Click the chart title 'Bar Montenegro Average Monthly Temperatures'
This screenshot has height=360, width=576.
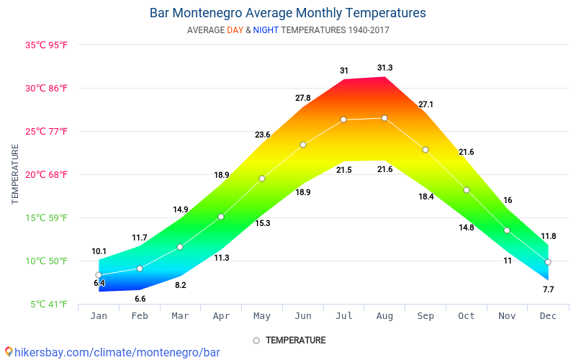(287, 13)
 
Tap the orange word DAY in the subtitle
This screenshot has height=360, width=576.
(235, 30)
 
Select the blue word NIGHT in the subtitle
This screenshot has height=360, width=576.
(265, 30)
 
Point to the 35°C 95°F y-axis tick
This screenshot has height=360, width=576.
(47, 45)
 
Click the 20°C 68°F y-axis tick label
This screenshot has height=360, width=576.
(47, 174)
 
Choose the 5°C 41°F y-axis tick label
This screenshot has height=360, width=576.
(49, 304)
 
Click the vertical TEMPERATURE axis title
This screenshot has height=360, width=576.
(15, 174)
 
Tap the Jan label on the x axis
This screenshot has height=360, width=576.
(99, 316)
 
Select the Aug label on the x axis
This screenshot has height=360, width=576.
(384, 316)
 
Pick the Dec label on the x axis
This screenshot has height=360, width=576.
(548, 316)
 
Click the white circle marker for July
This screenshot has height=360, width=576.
(343, 120)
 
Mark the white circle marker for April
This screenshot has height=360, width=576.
(221, 217)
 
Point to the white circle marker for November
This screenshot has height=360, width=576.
(507, 230)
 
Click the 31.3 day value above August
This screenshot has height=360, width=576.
(384, 68)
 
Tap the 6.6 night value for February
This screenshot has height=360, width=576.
(140, 299)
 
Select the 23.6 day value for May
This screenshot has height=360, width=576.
(262, 135)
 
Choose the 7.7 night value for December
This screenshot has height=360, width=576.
(548, 289)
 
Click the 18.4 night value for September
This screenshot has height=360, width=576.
(426, 197)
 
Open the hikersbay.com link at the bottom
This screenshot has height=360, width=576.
(112, 352)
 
